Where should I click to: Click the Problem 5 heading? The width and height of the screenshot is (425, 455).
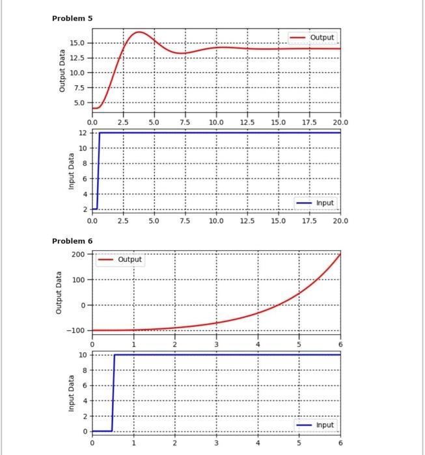72,18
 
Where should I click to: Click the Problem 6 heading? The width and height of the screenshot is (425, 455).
72,241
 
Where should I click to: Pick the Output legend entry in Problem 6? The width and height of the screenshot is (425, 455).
130,259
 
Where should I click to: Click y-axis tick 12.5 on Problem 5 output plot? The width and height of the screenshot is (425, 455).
76,58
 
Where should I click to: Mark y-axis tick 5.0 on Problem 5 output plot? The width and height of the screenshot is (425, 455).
79,103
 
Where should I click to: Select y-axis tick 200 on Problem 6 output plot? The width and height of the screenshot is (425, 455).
78,253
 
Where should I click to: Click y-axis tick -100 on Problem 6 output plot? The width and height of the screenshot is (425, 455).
75,331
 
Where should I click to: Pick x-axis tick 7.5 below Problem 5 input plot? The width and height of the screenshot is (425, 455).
185,221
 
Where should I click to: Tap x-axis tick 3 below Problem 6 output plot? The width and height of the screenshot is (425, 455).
216,344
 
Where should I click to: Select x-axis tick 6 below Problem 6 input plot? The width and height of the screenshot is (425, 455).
340,443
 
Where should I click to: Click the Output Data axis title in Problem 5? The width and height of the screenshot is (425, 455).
62,73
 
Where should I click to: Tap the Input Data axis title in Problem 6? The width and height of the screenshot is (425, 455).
62,393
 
